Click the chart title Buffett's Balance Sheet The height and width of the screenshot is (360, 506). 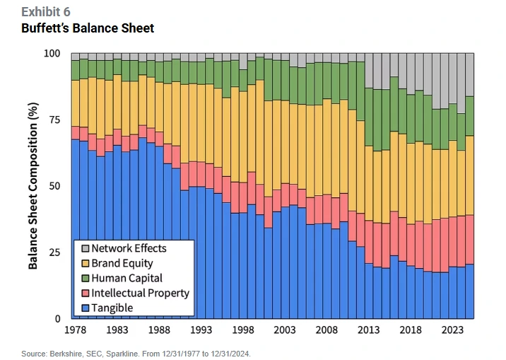click(x=88, y=28)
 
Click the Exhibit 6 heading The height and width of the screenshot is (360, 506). click(x=46, y=12)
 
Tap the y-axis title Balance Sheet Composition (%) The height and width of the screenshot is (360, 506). click(x=33, y=186)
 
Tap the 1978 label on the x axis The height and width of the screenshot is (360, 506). click(x=75, y=330)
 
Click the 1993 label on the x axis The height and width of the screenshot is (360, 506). click(x=201, y=330)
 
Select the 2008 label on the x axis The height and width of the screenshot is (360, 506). click(x=328, y=330)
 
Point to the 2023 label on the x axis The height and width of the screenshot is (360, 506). click(x=453, y=330)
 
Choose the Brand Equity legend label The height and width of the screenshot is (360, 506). click(x=122, y=263)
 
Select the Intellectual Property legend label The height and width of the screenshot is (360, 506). click(x=140, y=293)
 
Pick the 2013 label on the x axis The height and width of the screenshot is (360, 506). click(x=370, y=330)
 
